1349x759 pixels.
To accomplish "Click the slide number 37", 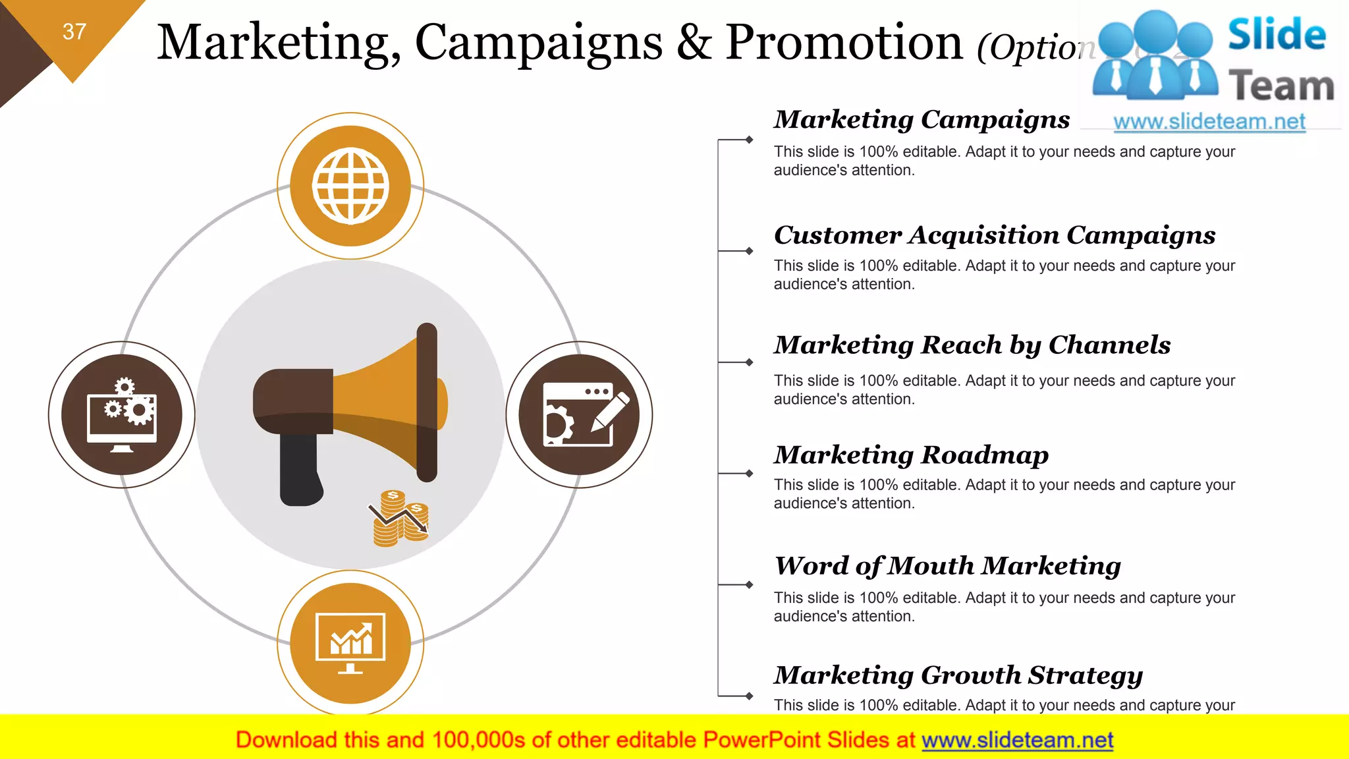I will pos(74,32).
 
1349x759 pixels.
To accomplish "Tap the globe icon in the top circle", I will pos(350,186).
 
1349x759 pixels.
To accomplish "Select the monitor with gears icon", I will pos(122,415).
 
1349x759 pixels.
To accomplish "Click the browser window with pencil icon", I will pos(580,415).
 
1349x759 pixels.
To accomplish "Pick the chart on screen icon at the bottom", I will pos(350,643).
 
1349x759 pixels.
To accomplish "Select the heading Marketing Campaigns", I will pos(922,120).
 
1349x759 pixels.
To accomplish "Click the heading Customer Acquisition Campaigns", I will pos(994,235).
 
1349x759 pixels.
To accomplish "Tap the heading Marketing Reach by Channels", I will pos(972,345).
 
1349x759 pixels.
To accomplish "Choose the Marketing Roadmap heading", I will pos(911,455).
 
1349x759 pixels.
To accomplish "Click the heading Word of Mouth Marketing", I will pos(947,566).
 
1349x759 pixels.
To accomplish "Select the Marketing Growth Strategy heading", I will pos(958,675).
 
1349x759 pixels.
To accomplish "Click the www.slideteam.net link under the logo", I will pos(1209,122).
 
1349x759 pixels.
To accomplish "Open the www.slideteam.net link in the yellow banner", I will pos(1017,740).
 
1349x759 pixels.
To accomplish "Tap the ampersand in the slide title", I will pos(694,43).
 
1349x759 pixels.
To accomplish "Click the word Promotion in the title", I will pos(844,43).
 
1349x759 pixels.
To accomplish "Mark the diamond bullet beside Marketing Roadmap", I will pos(749,473).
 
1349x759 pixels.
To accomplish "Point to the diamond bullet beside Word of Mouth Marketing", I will pos(749,584).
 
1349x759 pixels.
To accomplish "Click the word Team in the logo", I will pos(1281,86).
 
